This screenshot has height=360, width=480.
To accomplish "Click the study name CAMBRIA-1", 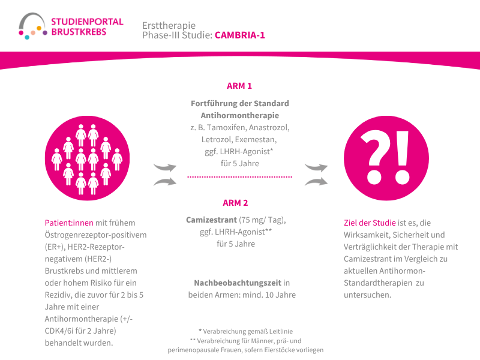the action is click(x=239, y=35).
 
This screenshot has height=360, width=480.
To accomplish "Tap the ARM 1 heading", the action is click(x=239, y=86).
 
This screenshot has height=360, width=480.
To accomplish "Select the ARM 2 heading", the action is click(x=235, y=203).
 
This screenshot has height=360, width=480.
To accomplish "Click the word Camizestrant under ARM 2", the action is click(x=211, y=220).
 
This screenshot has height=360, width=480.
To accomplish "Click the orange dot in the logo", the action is click(x=39, y=28).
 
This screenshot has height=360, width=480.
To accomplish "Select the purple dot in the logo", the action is click(x=45, y=33).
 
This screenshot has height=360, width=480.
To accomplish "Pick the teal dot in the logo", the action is click(x=27, y=37).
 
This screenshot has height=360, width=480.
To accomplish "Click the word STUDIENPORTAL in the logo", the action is click(x=87, y=22).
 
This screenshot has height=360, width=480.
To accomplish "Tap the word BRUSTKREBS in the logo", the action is click(x=79, y=32).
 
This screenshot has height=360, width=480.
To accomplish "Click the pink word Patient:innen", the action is click(x=69, y=223).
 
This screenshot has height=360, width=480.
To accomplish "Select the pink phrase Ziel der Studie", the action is click(x=370, y=223).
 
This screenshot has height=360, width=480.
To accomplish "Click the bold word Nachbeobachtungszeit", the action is click(x=238, y=283).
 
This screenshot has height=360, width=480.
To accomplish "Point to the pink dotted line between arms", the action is click(x=239, y=176).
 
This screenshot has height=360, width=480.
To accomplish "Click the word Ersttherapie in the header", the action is click(x=169, y=25).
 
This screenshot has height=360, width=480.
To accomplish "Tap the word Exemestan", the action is click(x=256, y=140).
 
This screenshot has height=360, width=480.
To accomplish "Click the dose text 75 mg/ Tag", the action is click(x=262, y=220).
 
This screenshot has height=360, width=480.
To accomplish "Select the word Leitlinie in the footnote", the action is click(x=281, y=331).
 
